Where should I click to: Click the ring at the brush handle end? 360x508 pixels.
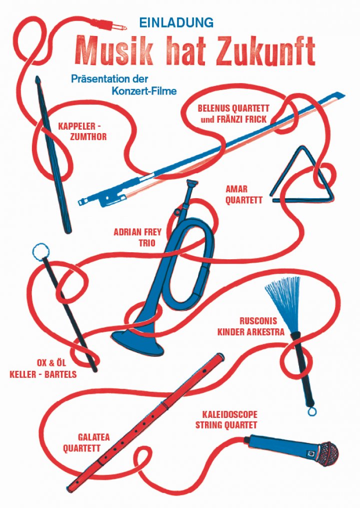312,411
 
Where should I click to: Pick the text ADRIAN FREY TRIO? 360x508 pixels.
134,238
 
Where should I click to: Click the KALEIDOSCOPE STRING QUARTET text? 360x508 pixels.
229,420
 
